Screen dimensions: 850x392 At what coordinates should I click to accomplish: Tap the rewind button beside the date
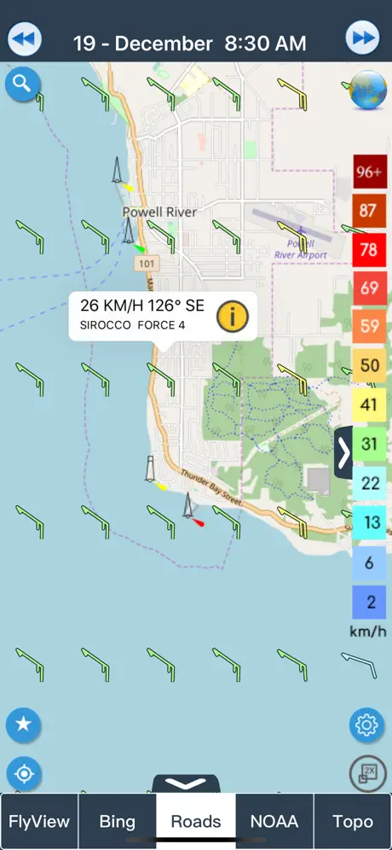[26, 39]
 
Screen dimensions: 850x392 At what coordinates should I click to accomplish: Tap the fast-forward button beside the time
[362, 39]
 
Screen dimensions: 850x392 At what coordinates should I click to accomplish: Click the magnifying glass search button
[22, 84]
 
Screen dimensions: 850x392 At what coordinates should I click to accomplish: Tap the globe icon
[367, 90]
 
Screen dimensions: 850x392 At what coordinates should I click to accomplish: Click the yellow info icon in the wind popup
[232, 317]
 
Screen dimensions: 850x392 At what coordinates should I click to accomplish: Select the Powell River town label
[159, 212]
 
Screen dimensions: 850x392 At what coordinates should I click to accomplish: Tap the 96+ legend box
[370, 172]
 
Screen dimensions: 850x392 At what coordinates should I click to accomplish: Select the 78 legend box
[370, 249]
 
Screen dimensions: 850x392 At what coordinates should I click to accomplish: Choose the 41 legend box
[370, 405]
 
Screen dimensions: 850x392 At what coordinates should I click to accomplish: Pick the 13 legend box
[370, 522]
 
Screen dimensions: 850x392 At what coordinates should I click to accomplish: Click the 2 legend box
[370, 602]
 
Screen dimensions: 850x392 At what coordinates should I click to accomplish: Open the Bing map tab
[117, 822]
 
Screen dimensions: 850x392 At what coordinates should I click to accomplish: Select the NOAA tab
[274, 822]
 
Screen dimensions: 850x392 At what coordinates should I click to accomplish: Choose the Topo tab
[353, 822]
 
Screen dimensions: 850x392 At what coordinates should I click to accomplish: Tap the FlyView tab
[39, 822]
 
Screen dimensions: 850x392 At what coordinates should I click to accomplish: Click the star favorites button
[23, 725]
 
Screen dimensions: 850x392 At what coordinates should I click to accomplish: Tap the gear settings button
[366, 725]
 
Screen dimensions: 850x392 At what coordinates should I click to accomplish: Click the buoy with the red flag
[190, 509]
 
